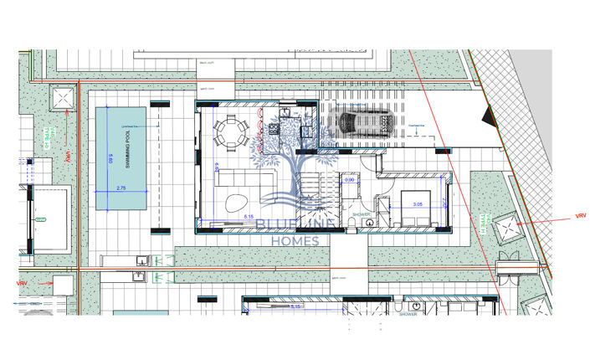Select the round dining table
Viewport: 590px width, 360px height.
231,131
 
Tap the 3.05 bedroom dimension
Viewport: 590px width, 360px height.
417,203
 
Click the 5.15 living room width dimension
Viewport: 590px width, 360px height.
249,218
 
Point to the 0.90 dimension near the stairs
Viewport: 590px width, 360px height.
351,181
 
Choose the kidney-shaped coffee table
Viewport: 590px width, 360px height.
236,203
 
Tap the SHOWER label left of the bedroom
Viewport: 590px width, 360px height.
362,214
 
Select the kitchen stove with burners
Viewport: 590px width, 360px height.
273,128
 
